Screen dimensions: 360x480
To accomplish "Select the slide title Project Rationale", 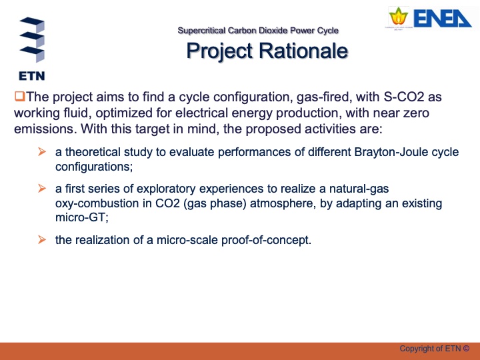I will (266, 51).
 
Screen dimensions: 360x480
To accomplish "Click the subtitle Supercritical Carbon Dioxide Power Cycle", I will (258, 31).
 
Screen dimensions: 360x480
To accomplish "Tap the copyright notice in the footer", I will (434, 348).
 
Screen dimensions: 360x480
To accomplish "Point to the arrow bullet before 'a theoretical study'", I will (41, 153).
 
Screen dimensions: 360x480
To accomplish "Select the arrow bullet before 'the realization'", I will (41, 240).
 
